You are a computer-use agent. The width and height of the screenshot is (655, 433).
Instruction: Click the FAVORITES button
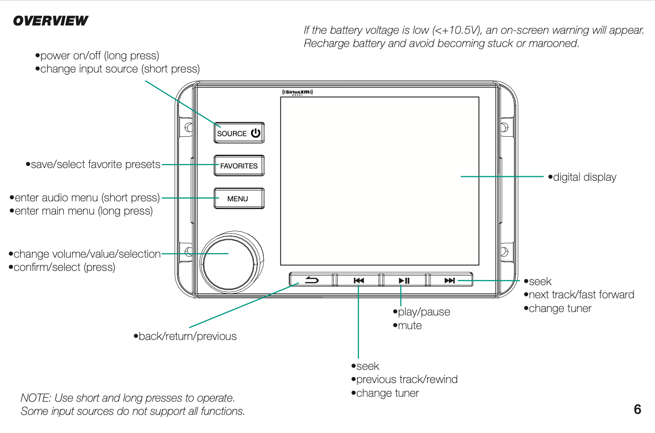coord(239,166)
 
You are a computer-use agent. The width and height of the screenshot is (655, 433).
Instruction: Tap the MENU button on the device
coord(239,198)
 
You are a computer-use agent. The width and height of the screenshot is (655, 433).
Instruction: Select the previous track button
coord(358,280)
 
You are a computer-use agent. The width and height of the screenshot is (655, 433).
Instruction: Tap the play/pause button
coord(404,280)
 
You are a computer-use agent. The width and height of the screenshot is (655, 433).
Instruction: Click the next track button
coord(450,280)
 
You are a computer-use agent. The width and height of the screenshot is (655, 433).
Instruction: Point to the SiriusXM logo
coord(298,92)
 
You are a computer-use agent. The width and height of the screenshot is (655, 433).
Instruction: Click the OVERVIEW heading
coord(50,21)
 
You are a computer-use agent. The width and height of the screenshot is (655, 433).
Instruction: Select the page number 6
coord(637,409)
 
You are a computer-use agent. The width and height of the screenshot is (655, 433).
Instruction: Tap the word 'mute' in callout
coord(409,326)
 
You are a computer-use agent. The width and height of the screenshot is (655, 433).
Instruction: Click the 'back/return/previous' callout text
coord(187,337)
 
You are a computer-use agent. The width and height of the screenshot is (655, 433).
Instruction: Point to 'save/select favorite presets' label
coord(95,165)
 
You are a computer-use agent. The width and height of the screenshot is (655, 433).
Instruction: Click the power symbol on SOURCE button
coord(255,133)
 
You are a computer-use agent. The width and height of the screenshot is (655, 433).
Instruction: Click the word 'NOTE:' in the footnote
coord(36,398)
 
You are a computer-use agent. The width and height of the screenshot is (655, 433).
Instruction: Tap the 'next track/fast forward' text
coord(581,295)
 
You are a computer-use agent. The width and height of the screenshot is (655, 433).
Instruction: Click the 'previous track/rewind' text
coord(406,380)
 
